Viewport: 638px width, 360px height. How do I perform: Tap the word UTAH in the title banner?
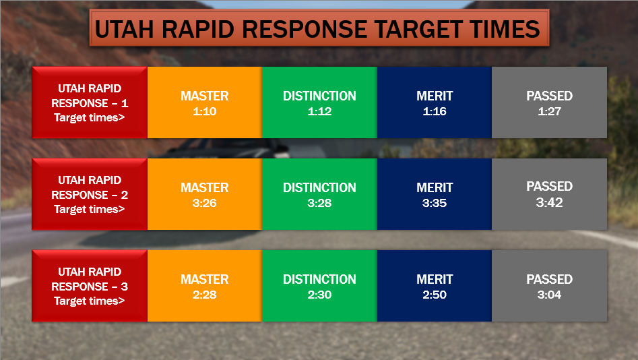click(124, 29)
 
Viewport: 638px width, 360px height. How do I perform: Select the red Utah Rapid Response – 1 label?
click(90, 102)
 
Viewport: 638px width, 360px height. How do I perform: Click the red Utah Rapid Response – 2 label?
click(90, 194)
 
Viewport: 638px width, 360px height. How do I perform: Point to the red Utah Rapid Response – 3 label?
click(90, 286)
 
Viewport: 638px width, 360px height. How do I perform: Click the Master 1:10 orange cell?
click(205, 102)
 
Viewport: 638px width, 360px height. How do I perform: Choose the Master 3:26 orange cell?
click(205, 194)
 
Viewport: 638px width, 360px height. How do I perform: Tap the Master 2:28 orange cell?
click(205, 286)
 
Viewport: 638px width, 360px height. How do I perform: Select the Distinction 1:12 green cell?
click(319, 102)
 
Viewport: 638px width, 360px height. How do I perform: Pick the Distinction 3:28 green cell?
click(319, 194)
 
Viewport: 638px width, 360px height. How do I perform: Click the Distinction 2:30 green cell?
click(319, 286)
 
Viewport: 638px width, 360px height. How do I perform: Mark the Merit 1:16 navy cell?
click(435, 102)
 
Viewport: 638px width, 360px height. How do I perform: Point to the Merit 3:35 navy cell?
click(435, 194)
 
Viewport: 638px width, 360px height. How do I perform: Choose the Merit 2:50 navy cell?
click(435, 286)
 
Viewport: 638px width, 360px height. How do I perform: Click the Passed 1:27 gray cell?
click(549, 102)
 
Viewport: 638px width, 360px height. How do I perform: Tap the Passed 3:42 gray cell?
click(549, 194)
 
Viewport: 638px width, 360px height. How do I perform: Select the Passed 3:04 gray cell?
click(549, 286)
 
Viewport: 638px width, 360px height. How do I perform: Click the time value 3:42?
click(549, 202)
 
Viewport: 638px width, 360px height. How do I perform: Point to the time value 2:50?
click(435, 295)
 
